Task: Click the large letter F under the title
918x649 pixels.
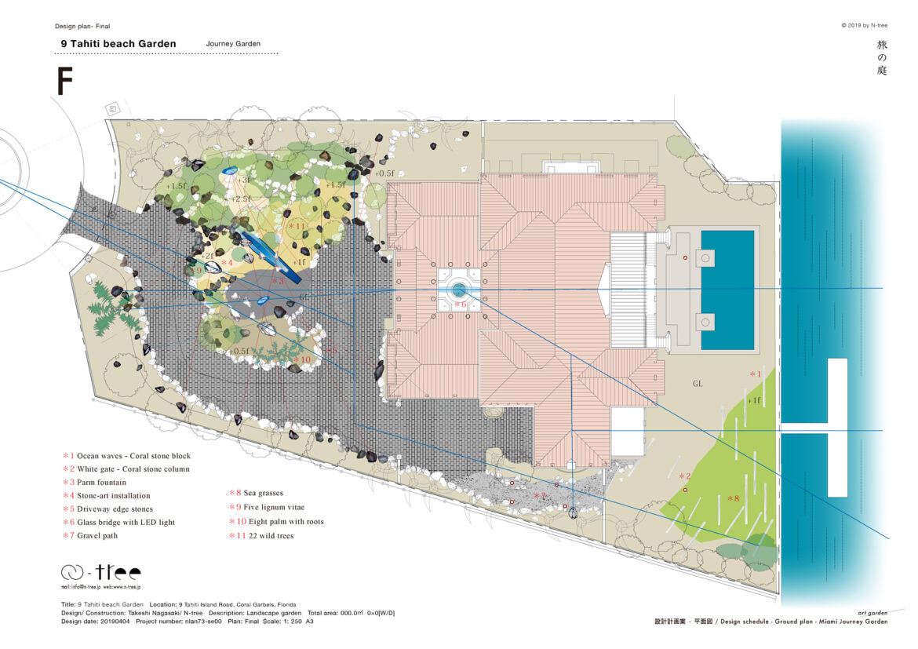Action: click(x=65, y=82)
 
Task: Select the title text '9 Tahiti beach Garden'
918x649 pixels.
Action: click(x=118, y=44)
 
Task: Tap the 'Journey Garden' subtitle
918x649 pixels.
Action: click(x=233, y=44)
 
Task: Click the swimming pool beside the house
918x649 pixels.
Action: click(x=727, y=290)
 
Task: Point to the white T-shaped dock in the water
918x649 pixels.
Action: click(x=837, y=427)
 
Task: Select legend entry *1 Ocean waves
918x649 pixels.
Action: click(x=127, y=455)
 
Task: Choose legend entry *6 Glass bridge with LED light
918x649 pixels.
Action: click(x=119, y=522)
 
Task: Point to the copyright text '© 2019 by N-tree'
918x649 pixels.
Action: click(x=864, y=25)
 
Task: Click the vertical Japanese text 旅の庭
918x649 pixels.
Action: click(x=881, y=58)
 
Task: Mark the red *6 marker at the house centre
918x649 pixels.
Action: click(x=460, y=304)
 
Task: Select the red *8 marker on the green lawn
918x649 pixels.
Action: click(x=733, y=498)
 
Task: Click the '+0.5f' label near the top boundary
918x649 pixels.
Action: click(x=384, y=173)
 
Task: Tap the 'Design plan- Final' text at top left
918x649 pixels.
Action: click(x=82, y=26)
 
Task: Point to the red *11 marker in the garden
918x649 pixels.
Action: click(x=296, y=226)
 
